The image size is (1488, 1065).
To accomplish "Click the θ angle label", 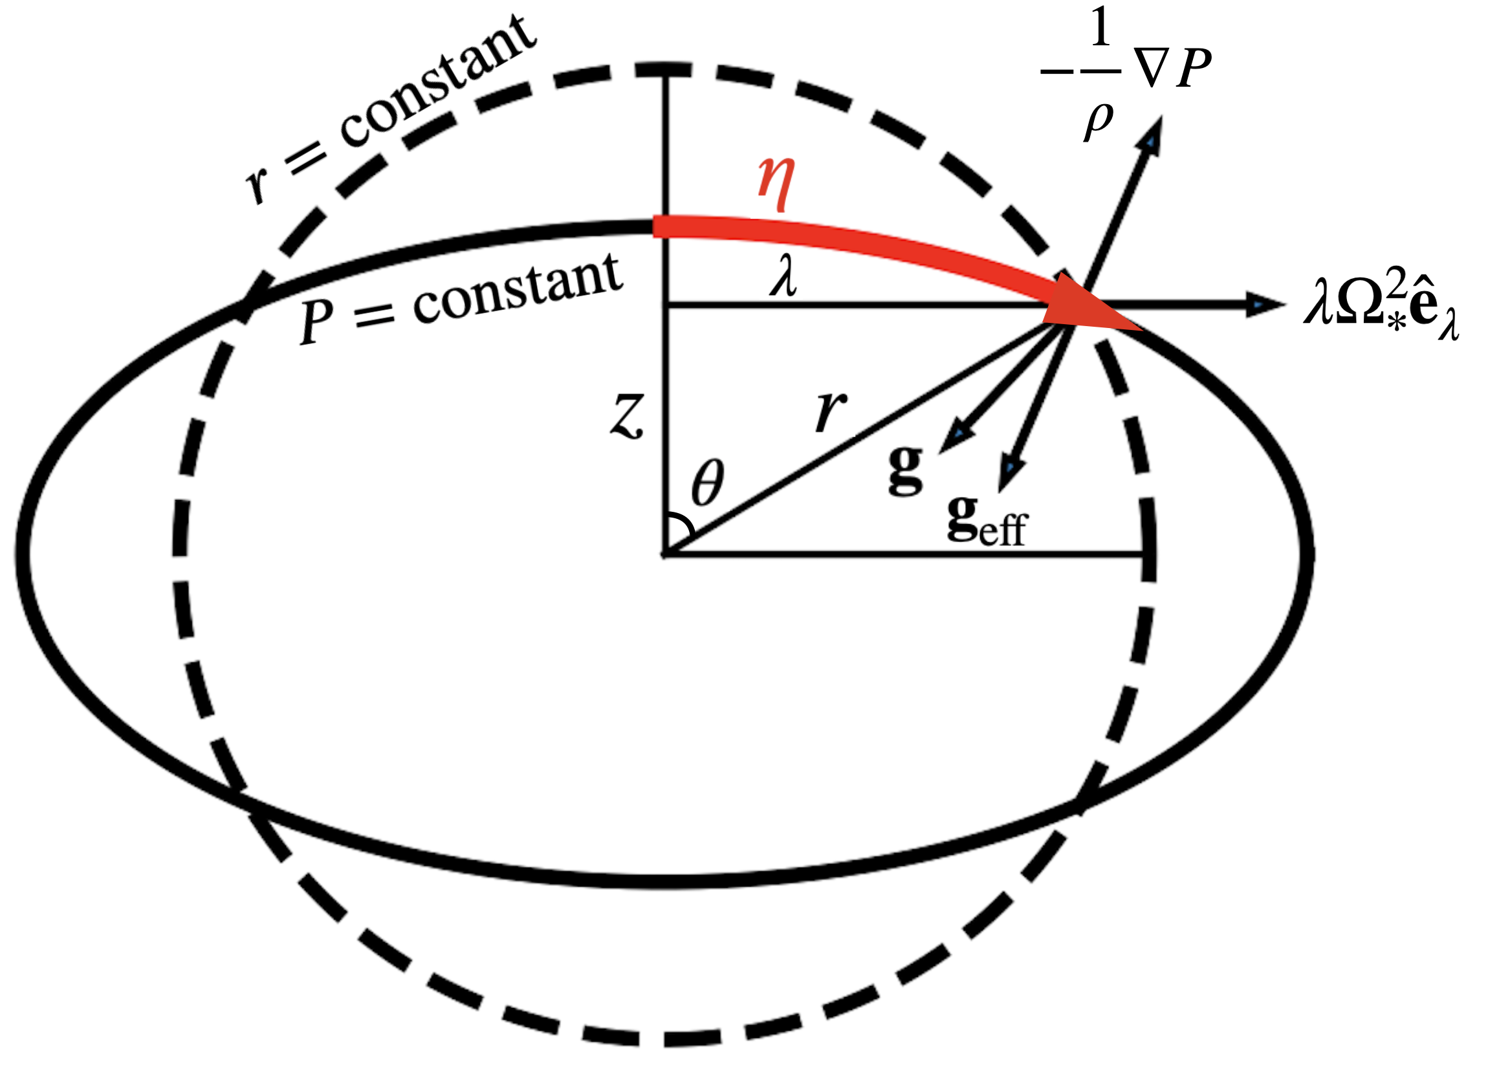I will [708, 483].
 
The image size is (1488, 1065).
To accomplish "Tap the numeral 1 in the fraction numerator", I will [1100, 28].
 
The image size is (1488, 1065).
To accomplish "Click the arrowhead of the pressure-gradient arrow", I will [1151, 135].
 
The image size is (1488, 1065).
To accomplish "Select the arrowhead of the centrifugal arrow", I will [1262, 303].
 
